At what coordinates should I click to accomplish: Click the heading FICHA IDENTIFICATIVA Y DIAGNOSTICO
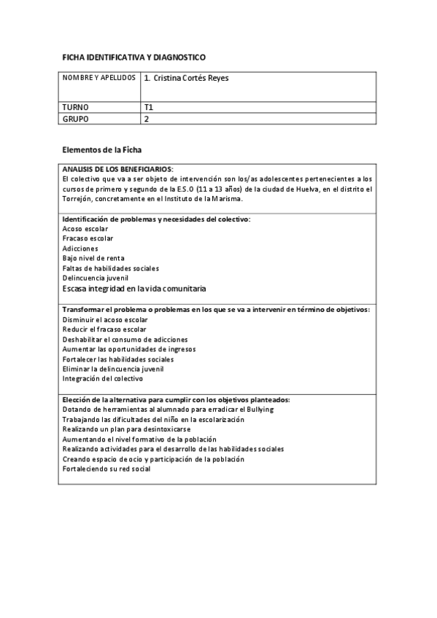pos(134,57)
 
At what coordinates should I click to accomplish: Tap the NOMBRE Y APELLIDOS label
pos(99,77)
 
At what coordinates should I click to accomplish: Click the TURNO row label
pos(76,107)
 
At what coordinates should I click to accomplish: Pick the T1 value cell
pos(149,107)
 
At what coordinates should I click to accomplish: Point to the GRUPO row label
pos(76,118)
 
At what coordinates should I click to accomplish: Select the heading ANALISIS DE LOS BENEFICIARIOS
pos(117,169)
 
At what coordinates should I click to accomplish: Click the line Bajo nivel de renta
pos(93,258)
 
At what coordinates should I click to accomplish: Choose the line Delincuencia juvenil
pos(96,278)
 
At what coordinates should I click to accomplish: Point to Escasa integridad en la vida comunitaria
pos(134,289)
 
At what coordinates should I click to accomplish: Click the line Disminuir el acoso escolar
pos(105,319)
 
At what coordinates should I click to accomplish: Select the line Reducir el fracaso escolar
pos(104,329)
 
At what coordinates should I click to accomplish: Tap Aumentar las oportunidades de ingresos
pos(128,349)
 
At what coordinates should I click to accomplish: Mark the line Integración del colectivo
pos(103,378)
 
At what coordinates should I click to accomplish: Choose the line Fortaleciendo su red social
pos(107,469)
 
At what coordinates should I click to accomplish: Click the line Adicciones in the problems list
pos(80,249)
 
